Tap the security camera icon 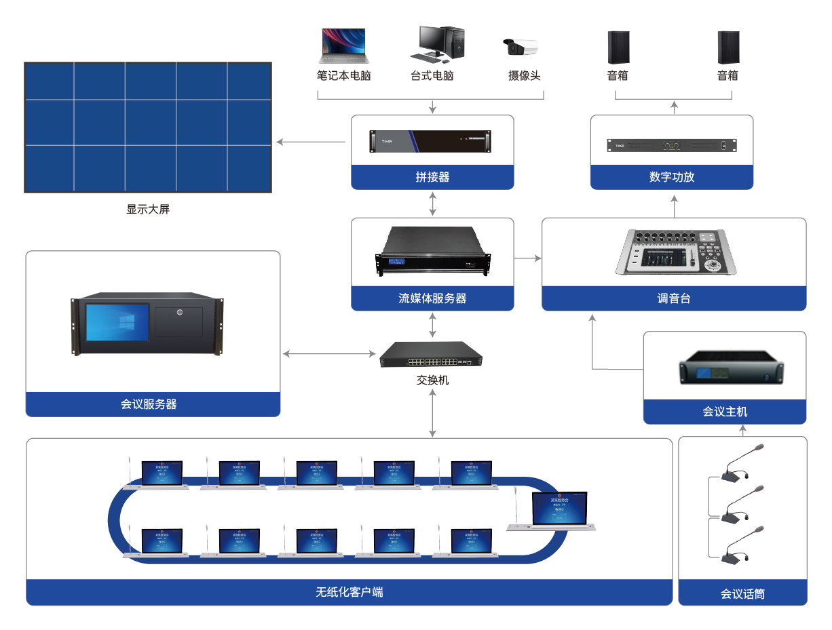(521, 47)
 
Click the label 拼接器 (432, 177)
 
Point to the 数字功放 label (672, 177)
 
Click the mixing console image (673, 252)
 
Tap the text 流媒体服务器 (432, 298)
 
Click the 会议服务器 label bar (153, 404)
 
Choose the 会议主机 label (725, 412)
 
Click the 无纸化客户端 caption (349, 592)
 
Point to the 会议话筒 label (742, 594)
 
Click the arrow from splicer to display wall (311, 142)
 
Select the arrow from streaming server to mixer (528, 258)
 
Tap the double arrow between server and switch (330, 354)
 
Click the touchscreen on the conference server (117, 322)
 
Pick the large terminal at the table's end (559, 511)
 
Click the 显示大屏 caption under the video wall (148, 210)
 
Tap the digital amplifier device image (671, 145)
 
